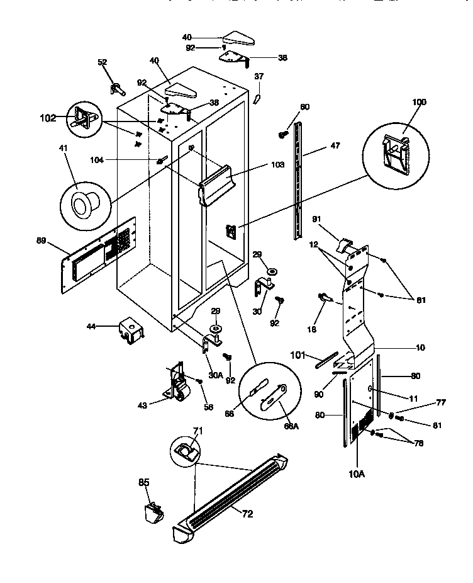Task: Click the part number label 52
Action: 103,62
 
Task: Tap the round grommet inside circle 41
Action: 80,204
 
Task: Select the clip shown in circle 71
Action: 186,450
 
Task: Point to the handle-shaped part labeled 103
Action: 220,181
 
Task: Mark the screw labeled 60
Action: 283,133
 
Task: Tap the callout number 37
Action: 259,77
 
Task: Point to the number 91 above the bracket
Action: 317,220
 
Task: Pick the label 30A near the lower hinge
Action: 216,375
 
